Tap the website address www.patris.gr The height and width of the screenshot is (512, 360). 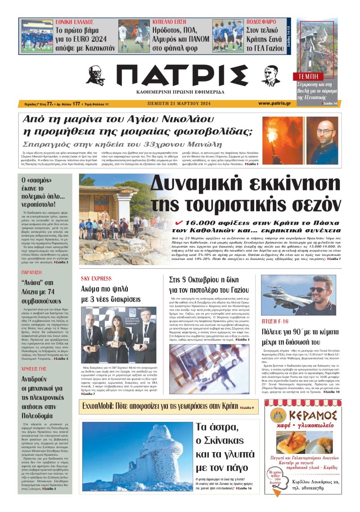point(274,103)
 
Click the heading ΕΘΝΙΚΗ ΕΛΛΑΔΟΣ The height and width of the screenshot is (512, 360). point(74,22)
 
